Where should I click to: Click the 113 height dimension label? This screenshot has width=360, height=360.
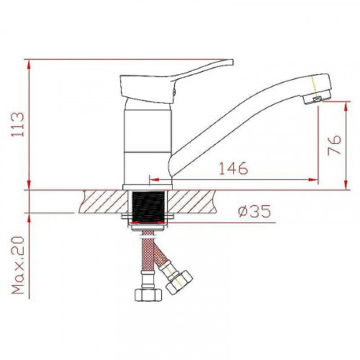point(18,125)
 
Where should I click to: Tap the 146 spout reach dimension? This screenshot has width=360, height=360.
point(233,168)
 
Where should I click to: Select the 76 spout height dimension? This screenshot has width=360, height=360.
point(334,145)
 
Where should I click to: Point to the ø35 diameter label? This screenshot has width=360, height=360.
point(254,211)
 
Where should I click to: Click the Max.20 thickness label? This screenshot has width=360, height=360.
point(18,265)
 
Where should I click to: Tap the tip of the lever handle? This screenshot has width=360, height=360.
point(232,62)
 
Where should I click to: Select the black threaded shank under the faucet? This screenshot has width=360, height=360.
point(148,207)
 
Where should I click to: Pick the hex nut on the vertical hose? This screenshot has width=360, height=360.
point(148,295)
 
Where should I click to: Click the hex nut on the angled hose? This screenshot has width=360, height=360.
point(179,282)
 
